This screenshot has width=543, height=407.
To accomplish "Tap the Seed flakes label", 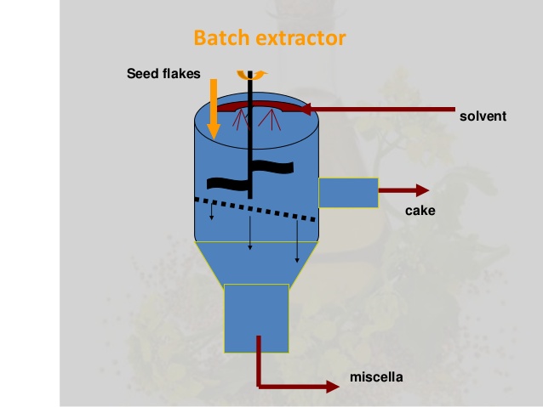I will (x=163, y=73).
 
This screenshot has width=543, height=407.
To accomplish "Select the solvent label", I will (x=482, y=116).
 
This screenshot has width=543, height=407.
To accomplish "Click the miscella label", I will (x=375, y=376).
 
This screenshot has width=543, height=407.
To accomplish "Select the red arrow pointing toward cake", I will (x=405, y=191).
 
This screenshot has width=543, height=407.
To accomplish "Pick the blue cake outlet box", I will (x=348, y=192).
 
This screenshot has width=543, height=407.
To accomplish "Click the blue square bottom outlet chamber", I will (x=255, y=318).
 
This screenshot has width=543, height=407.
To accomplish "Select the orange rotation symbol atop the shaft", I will (x=251, y=74).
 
